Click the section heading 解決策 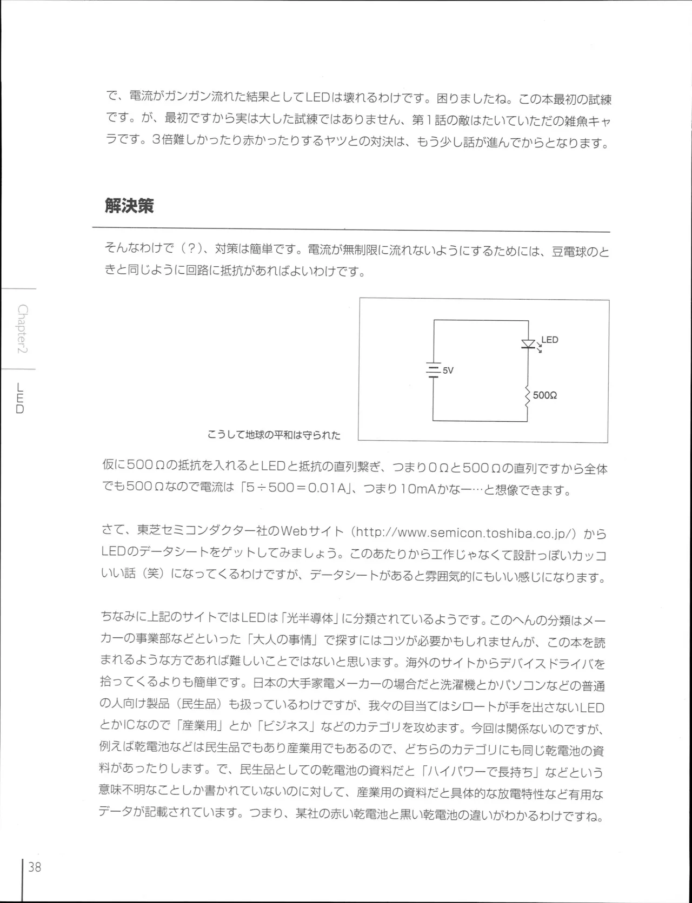129,206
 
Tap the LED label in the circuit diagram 549,340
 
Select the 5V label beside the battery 448,370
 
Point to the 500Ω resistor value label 545,395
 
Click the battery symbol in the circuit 432,370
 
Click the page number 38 35,867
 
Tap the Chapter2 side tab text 23,329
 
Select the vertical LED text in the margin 20,399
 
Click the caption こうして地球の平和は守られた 274,435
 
